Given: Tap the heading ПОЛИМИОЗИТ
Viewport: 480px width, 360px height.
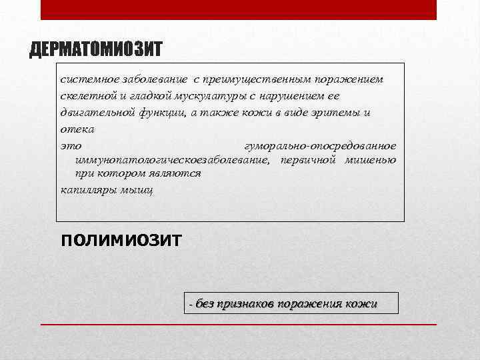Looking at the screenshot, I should coord(121,240).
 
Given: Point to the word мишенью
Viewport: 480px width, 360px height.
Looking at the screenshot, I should coord(371,160).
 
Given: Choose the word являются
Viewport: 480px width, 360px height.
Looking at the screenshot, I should coord(175,173).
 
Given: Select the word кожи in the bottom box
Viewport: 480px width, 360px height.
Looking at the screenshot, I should coord(361,304).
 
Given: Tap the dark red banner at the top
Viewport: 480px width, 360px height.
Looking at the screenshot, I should coord(239,9).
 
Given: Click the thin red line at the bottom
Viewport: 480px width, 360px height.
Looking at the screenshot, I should coord(239,324).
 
